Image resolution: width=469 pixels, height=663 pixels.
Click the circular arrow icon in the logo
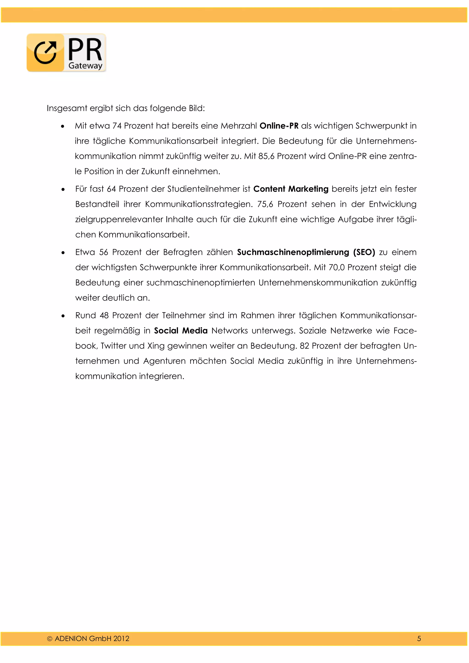[45, 53]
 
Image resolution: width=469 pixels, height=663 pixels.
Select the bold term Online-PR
[279, 126]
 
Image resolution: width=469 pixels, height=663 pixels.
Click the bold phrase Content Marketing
[291, 189]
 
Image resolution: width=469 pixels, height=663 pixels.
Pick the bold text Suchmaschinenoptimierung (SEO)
[306, 252]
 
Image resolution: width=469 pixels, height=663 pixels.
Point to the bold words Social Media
[181, 331]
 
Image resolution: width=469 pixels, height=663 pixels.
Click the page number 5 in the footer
[419, 639]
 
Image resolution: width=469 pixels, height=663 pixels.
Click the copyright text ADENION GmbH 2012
[92, 639]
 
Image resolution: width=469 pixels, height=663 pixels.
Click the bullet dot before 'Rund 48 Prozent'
[63, 316]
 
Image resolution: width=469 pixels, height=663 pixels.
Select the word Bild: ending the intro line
[197, 108]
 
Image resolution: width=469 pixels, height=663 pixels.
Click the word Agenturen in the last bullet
[164, 361]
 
